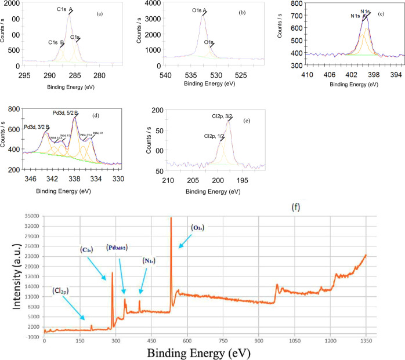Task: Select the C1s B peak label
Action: (56, 42)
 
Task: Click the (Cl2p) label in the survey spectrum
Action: (63, 290)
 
